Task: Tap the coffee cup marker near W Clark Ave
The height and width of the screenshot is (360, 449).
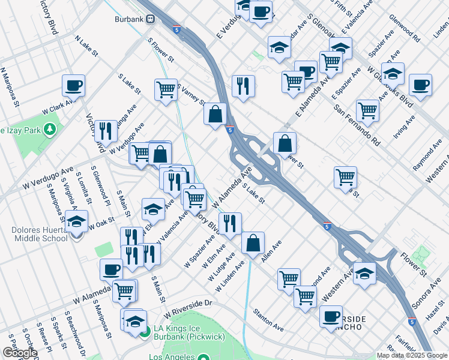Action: click(73, 86)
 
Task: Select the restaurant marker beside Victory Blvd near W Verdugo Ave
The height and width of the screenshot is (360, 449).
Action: click(106, 131)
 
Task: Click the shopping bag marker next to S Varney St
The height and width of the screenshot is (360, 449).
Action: click(215, 113)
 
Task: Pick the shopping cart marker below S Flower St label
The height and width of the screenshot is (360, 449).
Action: click(166, 90)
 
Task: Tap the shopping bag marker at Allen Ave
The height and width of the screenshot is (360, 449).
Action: click(253, 243)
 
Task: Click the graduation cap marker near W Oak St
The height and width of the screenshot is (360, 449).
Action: click(77, 222)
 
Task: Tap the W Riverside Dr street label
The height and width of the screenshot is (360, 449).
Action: click(188, 308)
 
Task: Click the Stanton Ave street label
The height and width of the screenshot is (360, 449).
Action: click(268, 320)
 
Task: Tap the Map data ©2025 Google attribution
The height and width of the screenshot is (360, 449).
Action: click(412, 355)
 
